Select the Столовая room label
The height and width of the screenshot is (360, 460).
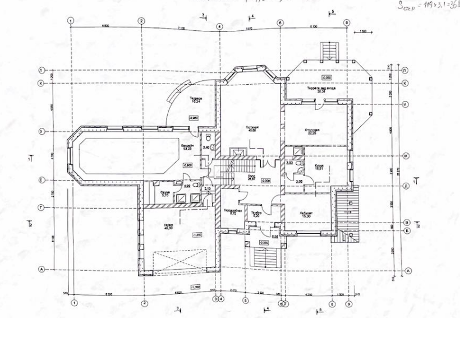[312, 130]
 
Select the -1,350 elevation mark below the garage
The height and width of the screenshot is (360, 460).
[196, 287]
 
